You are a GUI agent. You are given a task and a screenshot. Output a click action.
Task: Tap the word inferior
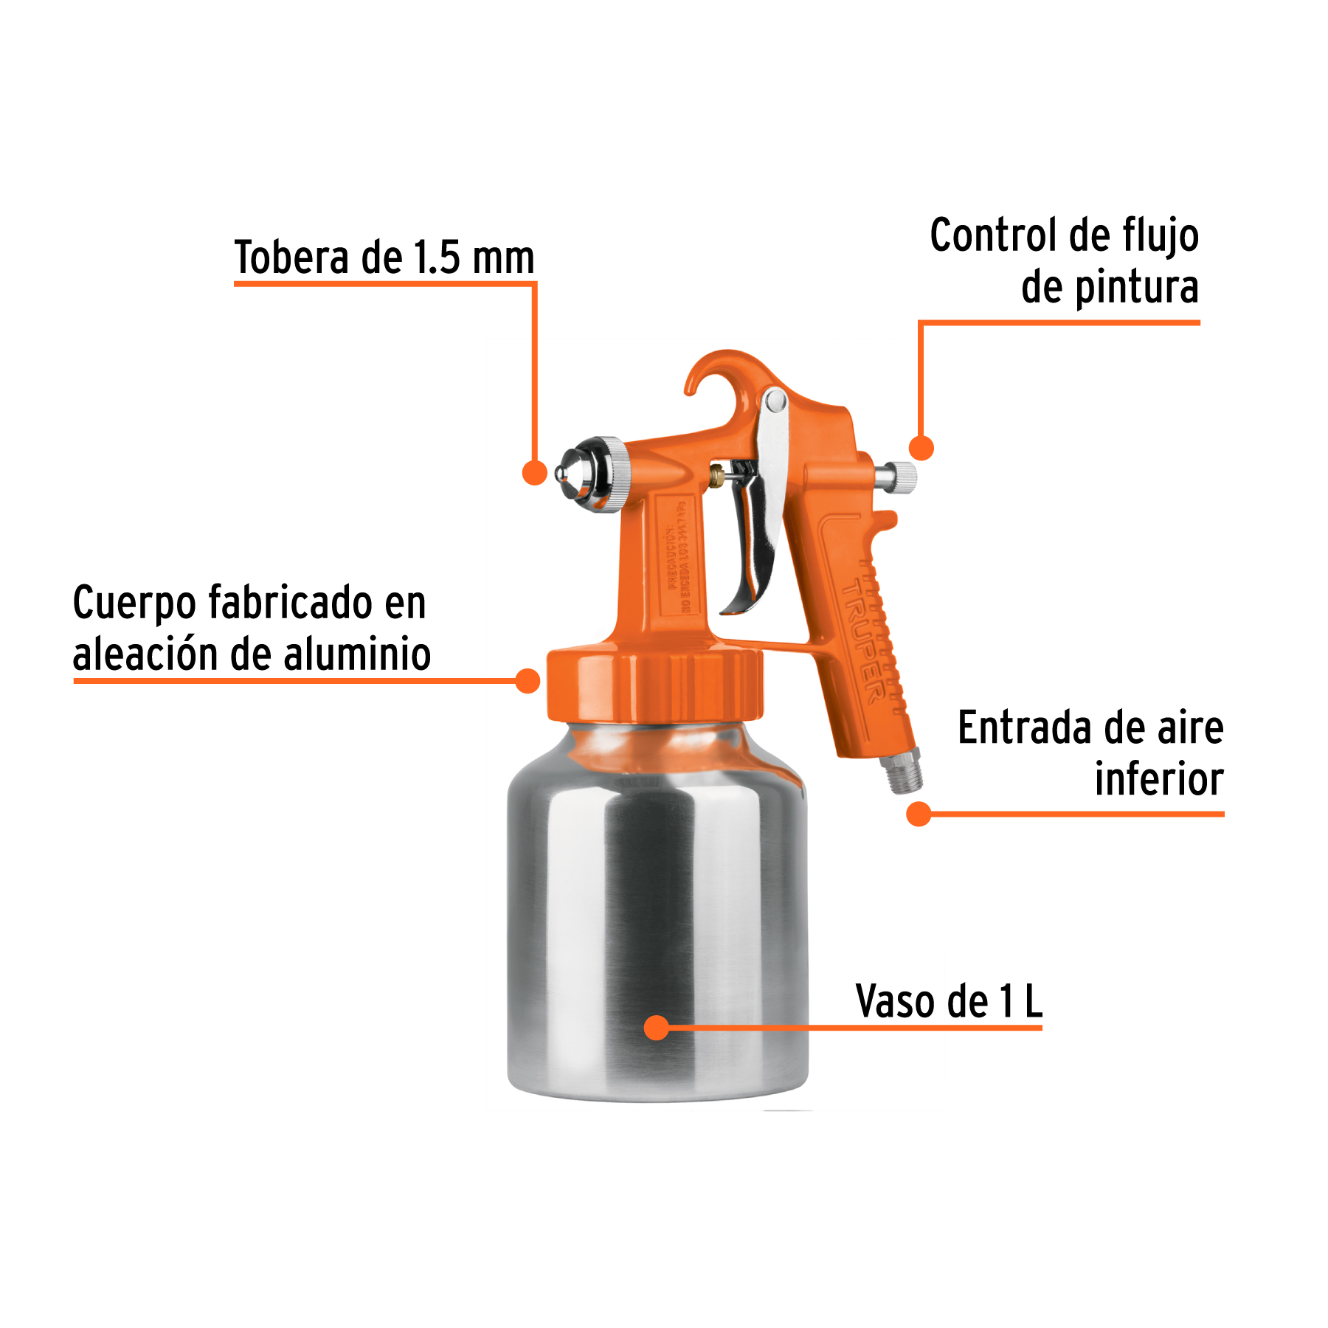point(1158,781)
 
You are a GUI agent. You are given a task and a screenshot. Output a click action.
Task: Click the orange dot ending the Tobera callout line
point(534,472)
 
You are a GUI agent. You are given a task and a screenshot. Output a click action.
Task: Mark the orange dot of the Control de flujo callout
point(921,448)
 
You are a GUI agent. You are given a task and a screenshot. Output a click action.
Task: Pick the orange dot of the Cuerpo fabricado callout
point(528,680)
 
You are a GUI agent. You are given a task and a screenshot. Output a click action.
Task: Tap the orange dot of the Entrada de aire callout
point(919,814)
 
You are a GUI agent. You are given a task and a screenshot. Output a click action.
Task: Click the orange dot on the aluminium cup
point(656,1028)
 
